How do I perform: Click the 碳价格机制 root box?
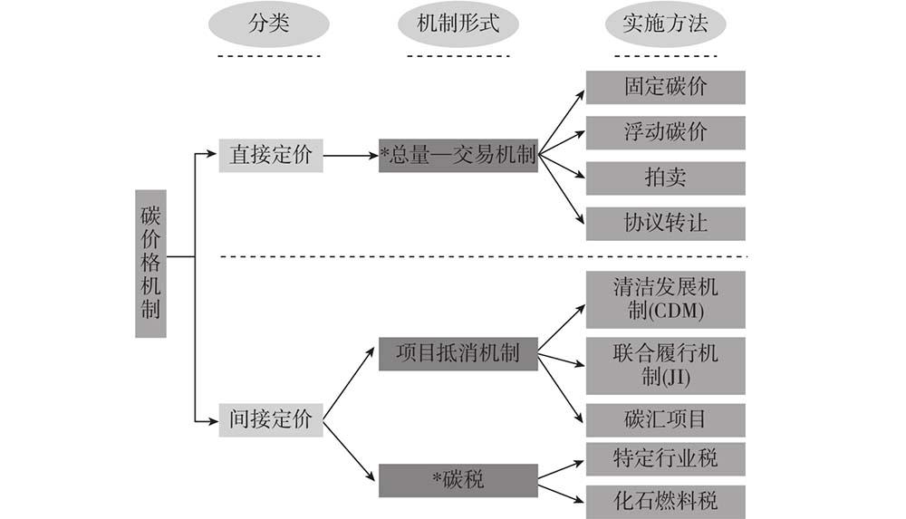click(150, 264)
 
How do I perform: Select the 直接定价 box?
click(270, 155)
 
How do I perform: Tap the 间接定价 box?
click(270, 420)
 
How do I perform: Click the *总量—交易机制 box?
click(458, 156)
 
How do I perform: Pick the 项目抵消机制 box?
click(458, 352)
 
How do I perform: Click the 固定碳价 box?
click(665, 88)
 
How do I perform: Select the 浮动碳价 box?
click(665, 132)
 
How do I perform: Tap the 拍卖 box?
click(665, 178)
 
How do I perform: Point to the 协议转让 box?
click(665, 223)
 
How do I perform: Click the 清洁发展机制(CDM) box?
click(665, 300)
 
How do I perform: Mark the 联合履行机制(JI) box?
click(665, 365)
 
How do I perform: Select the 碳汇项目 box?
click(665, 420)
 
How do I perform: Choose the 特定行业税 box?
click(665, 458)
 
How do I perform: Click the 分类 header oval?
click(269, 25)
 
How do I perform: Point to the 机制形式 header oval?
click(458, 25)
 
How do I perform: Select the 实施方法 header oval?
click(665, 25)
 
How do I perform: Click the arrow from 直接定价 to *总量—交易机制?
click(350, 156)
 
